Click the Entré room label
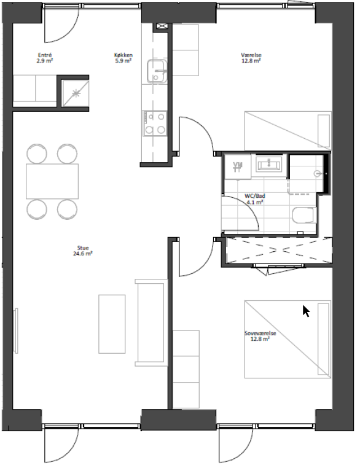click(45, 58)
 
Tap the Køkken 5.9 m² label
click(123, 58)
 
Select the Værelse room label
click(251, 58)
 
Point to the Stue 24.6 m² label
click(83, 251)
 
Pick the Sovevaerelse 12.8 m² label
click(260, 336)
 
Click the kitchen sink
click(156, 71)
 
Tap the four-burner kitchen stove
click(155, 123)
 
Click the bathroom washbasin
click(268, 163)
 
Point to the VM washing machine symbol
click(238, 166)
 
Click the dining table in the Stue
click(52, 181)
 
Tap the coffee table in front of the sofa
click(112, 324)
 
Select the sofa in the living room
click(151, 322)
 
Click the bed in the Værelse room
click(288, 131)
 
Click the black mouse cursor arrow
click(306, 311)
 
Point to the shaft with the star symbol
click(75, 93)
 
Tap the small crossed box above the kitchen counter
click(162, 26)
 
